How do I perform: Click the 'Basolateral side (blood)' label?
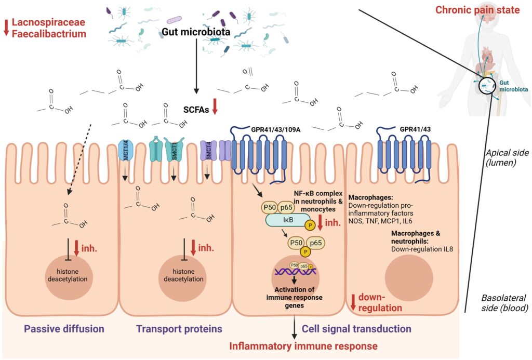(x=504, y=303)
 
